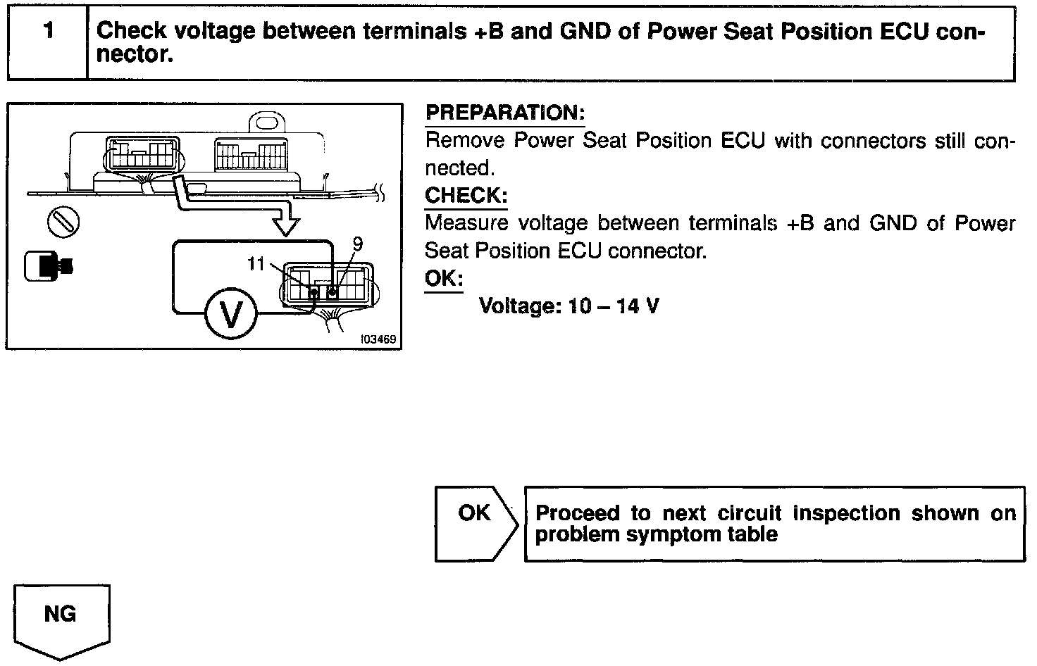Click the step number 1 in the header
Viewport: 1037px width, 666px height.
coord(48,32)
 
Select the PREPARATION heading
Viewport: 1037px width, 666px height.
coord(505,113)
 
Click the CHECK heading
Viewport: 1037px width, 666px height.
coord(466,195)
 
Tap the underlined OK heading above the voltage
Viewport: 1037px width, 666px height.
coord(443,278)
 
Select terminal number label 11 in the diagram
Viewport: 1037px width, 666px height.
coord(256,264)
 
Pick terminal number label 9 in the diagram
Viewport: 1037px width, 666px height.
coord(357,244)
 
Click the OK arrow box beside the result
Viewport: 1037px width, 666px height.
coord(476,522)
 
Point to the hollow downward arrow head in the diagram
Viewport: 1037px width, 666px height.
coord(285,226)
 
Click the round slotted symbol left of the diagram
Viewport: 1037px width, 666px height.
coord(63,222)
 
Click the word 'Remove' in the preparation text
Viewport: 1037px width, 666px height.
coord(465,141)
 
